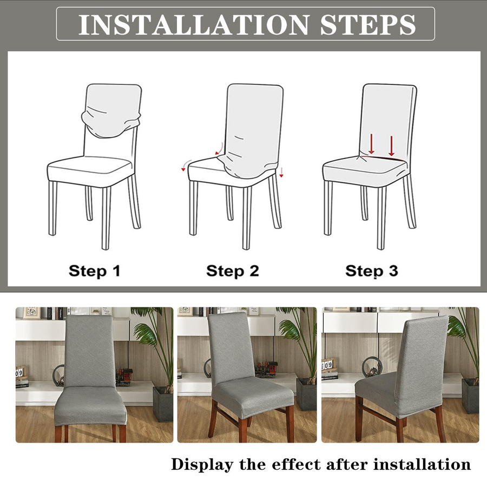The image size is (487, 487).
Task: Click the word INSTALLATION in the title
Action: pos(194,24)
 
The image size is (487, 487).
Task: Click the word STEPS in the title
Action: pos(368,24)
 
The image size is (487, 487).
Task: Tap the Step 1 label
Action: pos(94,271)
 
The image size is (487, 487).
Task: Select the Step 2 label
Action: pos(233,271)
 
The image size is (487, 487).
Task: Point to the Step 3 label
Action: pos(371,271)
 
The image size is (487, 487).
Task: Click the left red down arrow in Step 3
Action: pos(371,144)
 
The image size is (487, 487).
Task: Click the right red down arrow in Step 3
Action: pos(392,146)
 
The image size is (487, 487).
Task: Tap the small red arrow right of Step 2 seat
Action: pos(281,173)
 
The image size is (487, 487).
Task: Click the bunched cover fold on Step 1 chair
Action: pos(111,123)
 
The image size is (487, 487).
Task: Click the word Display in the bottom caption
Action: pos(202,465)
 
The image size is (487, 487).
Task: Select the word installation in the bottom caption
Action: pos(422,465)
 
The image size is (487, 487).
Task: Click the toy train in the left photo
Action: pos(124,376)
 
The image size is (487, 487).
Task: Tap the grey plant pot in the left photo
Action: pos(162,404)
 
